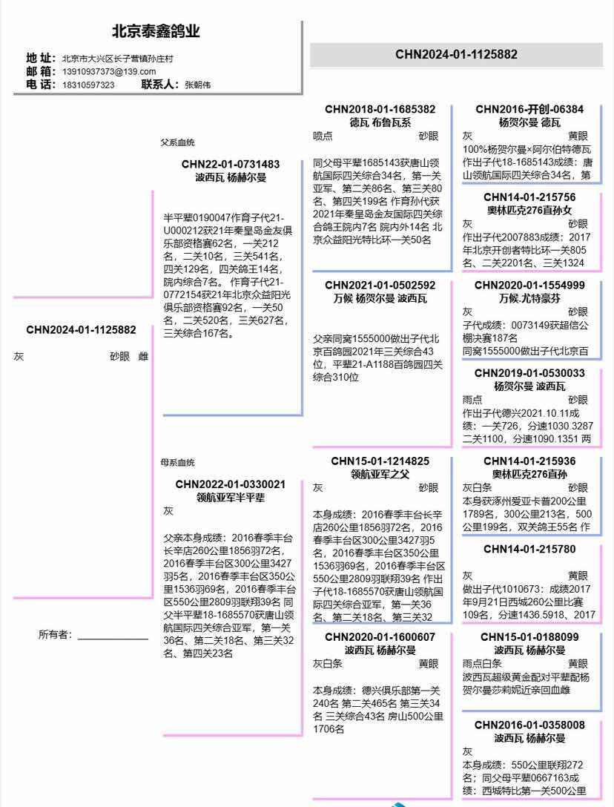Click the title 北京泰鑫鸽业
156,32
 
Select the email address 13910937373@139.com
109,71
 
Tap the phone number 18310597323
88,85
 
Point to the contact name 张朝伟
197,85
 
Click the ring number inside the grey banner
456,54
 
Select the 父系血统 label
178,142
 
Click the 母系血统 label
178,462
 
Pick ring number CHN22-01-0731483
231,165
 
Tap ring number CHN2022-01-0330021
231,484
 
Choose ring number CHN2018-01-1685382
380,109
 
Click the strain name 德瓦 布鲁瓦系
380,122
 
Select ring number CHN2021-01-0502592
380,285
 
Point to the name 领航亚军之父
380,474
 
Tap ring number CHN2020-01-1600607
380,637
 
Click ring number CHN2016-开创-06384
529,109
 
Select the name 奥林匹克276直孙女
529,210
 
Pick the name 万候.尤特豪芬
529,298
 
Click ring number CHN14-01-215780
529,550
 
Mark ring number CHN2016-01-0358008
529,725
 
